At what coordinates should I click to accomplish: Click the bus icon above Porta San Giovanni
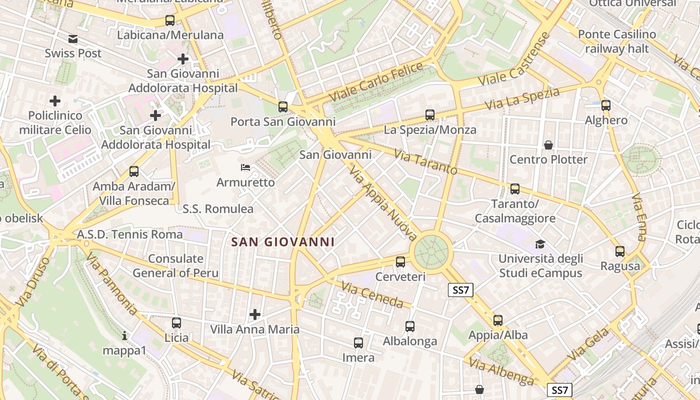pyautogui.click(x=283, y=106)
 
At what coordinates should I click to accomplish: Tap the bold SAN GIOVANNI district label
pyautogui.click(x=283, y=242)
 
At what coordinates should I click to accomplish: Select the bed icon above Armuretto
pyautogui.click(x=245, y=167)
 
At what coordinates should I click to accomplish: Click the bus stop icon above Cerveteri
pyautogui.click(x=400, y=261)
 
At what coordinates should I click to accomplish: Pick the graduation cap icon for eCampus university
pyautogui.click(x=540, y=244)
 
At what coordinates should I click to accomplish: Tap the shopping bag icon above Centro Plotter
pyautogui.click(x=548, y=145)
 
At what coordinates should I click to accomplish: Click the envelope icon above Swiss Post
pyautogui.click(x=73, y=39)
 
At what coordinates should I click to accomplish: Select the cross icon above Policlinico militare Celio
pyautogui.click(x=55, y=101)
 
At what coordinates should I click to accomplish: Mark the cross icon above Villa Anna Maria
pyautogui.click(x=255, y=314)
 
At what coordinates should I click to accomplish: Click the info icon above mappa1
pyautogui.click(x=124, y=335)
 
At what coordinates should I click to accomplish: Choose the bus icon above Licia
pyautogui.click(x=176, y=323)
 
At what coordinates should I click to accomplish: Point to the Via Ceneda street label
pyautogui.click(x=372, y=294)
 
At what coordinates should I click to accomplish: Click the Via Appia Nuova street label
pyautogui.click(x=383, y=203)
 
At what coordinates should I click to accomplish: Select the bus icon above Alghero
pyautogui.click(x=606, y=105)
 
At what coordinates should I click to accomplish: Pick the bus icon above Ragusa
pyautogui.click(x=620, y=251)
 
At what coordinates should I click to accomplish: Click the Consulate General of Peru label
pyautogui.click(x=175, y=266)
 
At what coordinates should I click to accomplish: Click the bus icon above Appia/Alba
pyautogui.click(x=498, y=320)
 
